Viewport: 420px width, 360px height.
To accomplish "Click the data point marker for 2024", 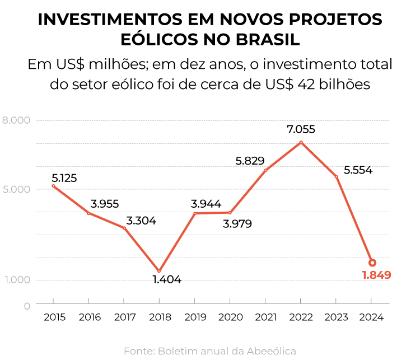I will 372,263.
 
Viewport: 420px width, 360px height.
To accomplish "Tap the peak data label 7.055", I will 301,129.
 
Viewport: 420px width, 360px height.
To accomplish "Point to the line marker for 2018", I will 159,271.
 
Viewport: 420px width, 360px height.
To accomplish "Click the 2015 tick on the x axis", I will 54,317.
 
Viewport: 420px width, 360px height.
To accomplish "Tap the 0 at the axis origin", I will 27,306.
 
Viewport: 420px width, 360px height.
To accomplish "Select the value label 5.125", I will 64,178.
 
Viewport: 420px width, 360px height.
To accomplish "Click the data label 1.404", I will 167,279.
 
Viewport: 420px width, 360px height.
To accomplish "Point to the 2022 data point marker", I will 301,142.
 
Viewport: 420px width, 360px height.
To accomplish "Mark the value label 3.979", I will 237,224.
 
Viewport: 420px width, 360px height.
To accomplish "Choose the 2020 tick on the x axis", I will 230,317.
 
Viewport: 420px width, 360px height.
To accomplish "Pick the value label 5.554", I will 358,170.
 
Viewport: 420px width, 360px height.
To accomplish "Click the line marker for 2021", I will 265,170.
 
